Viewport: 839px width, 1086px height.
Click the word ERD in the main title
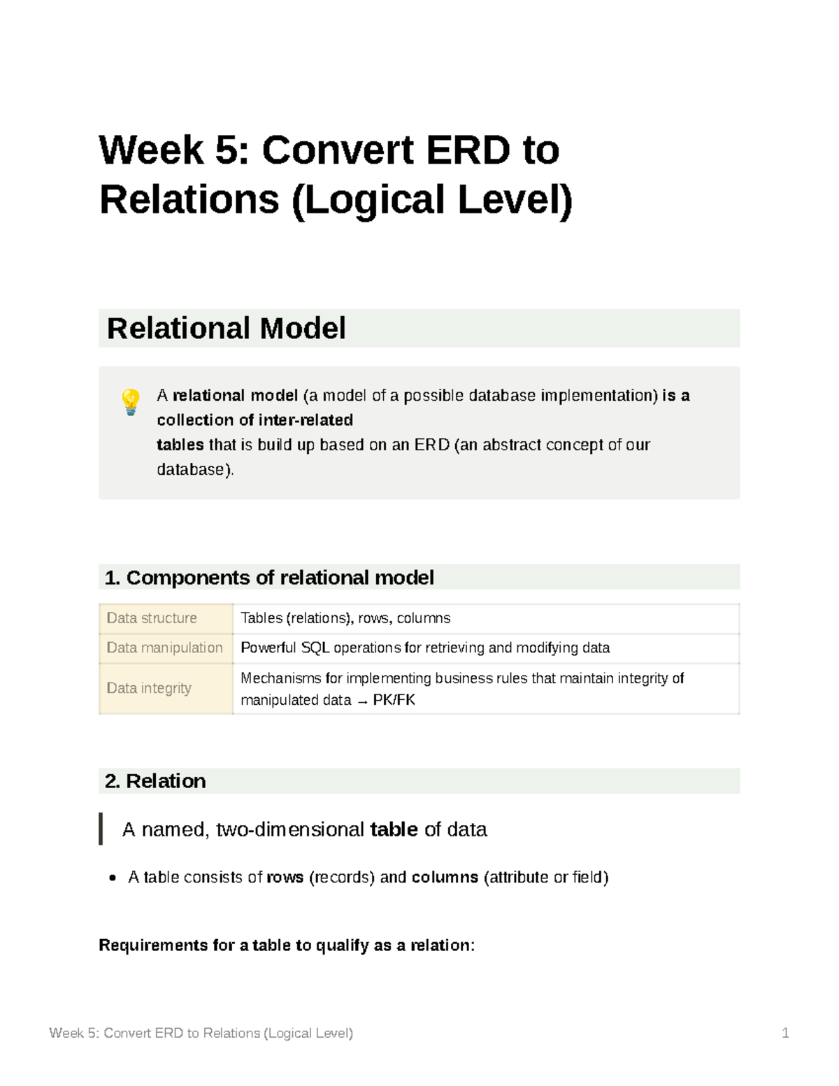[x=468, y=150]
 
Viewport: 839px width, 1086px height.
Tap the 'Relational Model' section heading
[x=226, y=328]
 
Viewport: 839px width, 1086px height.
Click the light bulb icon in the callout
[x=131, y=402]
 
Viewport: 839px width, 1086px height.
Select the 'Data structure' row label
[x=152, y=618]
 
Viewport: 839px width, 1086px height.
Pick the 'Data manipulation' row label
[x=164, y=648]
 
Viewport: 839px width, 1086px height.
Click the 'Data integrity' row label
[x=148, y=688]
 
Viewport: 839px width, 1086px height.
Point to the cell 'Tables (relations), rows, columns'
[x=345, y=618]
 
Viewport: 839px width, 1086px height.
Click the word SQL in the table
[x=315, y=648]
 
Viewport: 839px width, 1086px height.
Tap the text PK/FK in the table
[x=394, y=700]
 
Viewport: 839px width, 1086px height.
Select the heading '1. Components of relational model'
[x=269, y=578]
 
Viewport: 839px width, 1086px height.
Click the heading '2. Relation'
[x=155, y=781]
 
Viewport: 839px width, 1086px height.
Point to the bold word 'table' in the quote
[x=394, y=829]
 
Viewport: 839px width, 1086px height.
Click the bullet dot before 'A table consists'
[x=113, y=878]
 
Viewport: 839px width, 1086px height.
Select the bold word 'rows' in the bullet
[x=285, y=878]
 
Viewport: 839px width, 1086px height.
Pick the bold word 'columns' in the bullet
[x=445, y=878]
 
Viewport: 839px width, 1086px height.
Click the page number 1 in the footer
[x=785, y=1033]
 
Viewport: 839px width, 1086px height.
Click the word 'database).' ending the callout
[x=195, y=469]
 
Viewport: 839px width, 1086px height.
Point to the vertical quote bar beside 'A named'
[x=101, y=829]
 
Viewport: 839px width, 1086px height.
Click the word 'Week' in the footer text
[x=66, y=1033]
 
